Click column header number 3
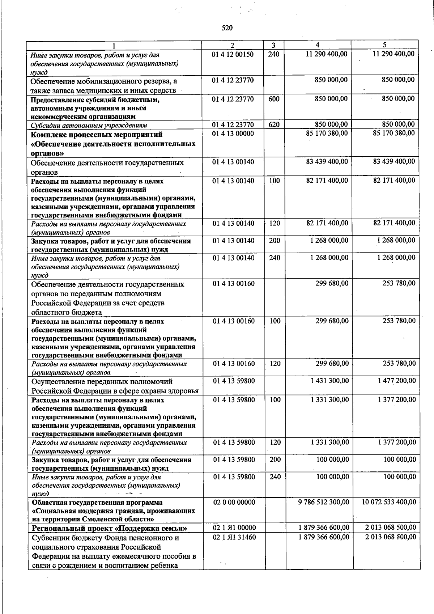click(273, 45)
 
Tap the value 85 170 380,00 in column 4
click(327, 134)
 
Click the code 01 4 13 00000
click(233, 134)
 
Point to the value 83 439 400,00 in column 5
click(394, 161)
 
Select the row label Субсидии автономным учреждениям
click(89, 126)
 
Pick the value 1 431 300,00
click(329, 381)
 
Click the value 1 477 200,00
click(397, 381)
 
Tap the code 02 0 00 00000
click(234, 502)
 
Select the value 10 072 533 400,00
click(389, 502)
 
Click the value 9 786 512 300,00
click(324, 502)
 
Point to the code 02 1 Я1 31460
click(234, 537)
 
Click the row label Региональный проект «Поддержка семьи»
click(109, 528)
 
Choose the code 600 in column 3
click(274, 99)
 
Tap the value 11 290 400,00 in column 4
click(326, 54)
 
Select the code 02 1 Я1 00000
click(234, 528)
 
